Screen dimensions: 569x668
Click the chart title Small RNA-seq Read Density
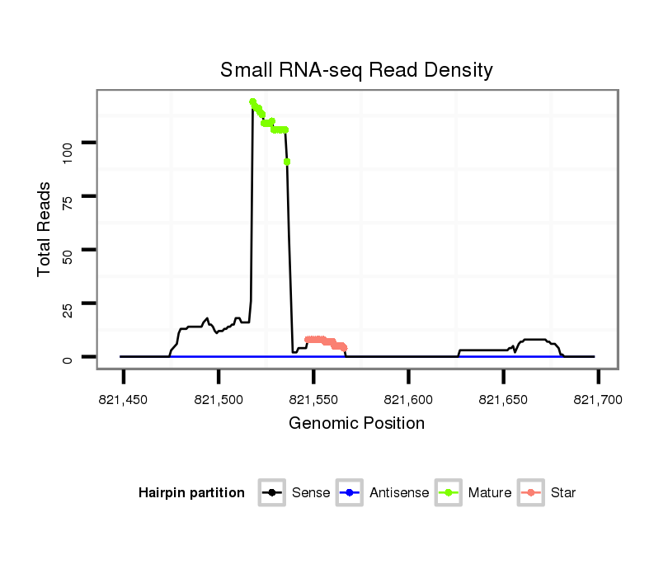click(356, 70)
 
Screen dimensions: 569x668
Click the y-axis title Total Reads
click(45, 229)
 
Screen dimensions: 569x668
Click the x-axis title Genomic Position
click(356, 424)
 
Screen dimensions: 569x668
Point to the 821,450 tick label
click(124, 400)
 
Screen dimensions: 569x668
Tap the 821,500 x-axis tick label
click(219, 400)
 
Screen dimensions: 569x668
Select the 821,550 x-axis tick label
click(313, 400)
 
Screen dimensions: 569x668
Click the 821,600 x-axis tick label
click(408, 400)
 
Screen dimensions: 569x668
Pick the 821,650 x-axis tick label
click(503, 400)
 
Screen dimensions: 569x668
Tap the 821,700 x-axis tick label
click(598, 400)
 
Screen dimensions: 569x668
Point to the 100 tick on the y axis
click(68, 143)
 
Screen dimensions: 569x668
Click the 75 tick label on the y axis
click(68, 196)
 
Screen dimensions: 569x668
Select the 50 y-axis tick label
click(68, 250)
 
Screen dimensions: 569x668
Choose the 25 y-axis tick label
click(68, 303)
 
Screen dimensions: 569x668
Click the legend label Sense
click(311, 493)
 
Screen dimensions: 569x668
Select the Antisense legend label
click(399, 493)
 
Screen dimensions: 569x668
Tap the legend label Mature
click(490, 493)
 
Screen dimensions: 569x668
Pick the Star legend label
click(563, 493)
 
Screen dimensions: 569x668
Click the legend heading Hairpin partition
click(191, 493)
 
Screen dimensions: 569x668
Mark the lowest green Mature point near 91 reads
click(287, 162)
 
